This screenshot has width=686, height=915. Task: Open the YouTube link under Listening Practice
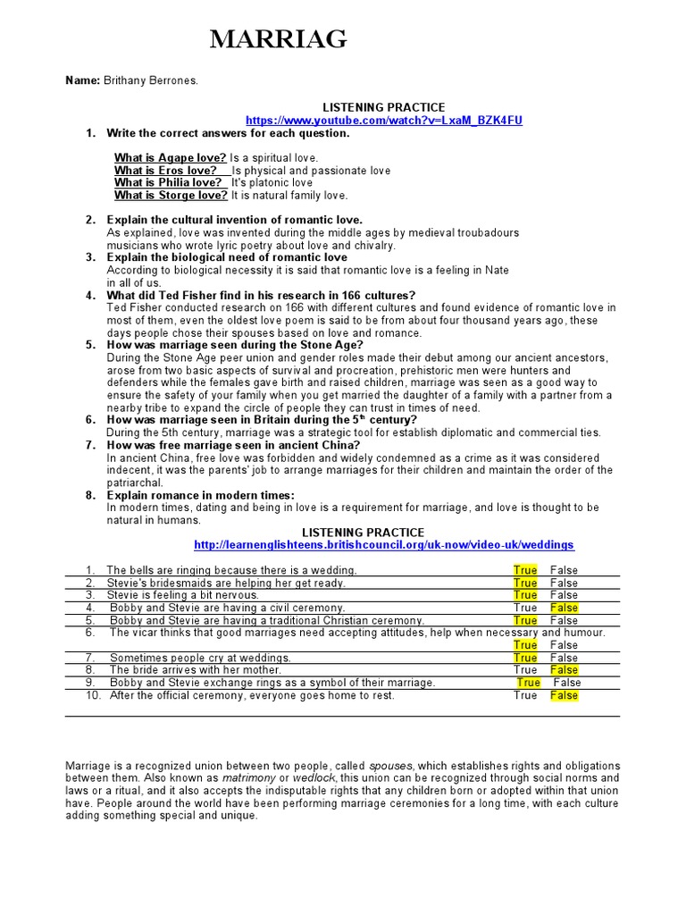click(383, 120)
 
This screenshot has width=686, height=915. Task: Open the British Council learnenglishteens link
click(383, 544)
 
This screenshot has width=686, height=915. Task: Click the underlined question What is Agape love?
click(170, 158)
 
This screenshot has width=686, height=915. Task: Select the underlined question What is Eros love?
click(165, 171)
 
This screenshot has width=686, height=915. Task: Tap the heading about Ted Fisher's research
click(261, 296)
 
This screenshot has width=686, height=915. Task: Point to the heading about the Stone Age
click(235, 345)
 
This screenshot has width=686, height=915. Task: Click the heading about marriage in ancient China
click(233, 445)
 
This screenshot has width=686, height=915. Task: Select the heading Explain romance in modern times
click(200, 495)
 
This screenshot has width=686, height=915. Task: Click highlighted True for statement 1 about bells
click(525, 570)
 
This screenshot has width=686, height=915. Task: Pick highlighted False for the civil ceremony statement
click(564, 608)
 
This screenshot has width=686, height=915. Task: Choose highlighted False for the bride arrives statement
click(564, 670)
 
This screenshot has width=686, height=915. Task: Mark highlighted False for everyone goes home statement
click(564, 695)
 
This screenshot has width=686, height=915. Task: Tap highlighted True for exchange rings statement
click(528, 683)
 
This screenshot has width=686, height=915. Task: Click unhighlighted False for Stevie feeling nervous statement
click(564, 595)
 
